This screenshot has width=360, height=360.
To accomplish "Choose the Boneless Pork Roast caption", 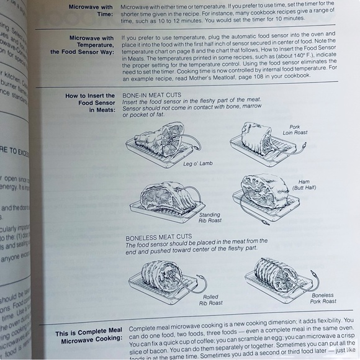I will (x=323, y=297).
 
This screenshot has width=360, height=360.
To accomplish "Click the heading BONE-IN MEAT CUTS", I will (x=153, y=95).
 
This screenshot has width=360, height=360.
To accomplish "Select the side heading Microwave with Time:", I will (x=91, y=10).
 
